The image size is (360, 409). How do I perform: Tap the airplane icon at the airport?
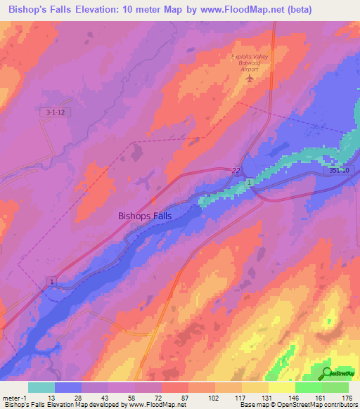coord(250,77)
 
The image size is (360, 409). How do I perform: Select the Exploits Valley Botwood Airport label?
coord(251,61)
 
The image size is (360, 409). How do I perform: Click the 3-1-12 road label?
coord(46,112)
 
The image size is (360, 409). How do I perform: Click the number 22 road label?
coord(236,170)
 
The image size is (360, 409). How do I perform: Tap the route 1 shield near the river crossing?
coord(250,183)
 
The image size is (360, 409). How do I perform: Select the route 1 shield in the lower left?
coord(51,281)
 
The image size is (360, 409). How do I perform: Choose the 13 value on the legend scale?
coord(50,397)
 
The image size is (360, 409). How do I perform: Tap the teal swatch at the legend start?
coord(41,387)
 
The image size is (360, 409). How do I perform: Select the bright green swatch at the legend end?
coord(335,387)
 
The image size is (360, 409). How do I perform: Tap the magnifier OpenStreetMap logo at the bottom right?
coord(327,372)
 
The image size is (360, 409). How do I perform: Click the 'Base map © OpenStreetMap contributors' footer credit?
coord(297,405)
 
